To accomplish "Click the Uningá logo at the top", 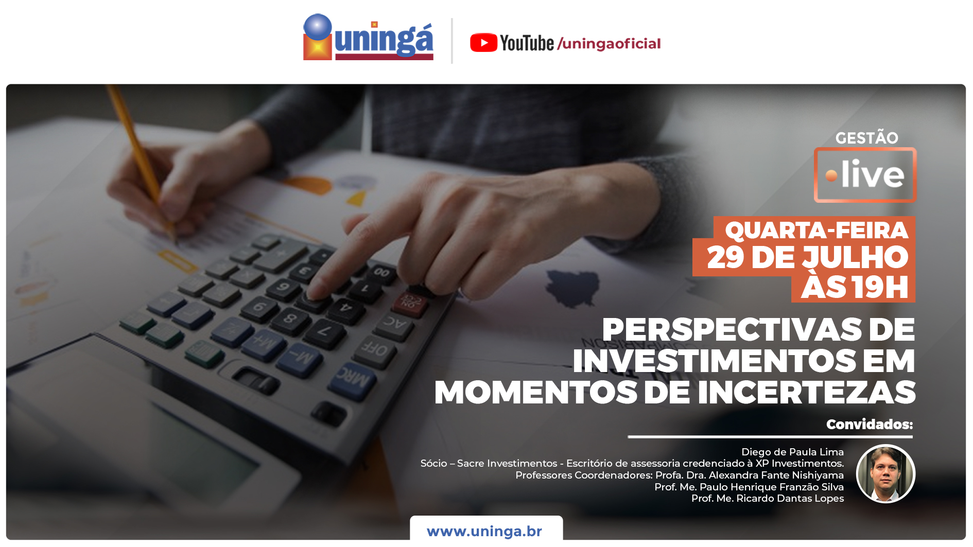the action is pos(368,37).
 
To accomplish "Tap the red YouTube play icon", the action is pos(483,43).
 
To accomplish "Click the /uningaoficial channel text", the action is pos(609,44).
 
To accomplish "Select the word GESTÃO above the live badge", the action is pos(866,137).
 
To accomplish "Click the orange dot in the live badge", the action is pos(831,175).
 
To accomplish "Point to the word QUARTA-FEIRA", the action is pos(816,230).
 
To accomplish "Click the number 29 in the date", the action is pos(725,257).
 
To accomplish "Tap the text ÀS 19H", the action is pos(855,287).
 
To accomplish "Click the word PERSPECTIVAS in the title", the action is pos(732,329).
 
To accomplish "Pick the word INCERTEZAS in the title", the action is pos(806,392).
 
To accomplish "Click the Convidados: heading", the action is pos(870,424).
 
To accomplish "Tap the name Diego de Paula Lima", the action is pos(792,452).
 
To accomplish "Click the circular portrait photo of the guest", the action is pos(885,473).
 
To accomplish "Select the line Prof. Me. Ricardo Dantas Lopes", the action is pos(767,498).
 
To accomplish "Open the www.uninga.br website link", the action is pos(484,531).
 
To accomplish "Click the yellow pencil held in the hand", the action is pos(142,160).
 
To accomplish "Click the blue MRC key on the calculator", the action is pos(353,380).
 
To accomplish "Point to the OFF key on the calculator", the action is pos(375,351).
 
